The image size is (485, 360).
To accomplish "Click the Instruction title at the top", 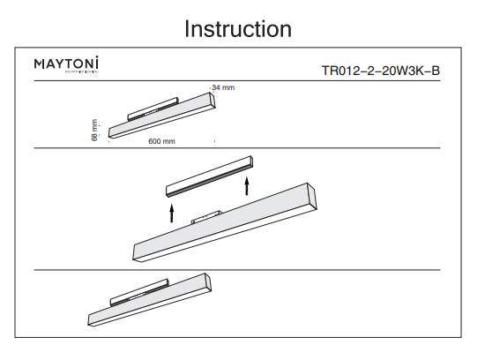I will point(237,28).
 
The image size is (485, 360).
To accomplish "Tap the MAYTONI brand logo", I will point(66,64).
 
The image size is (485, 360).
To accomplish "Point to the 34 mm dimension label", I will point(223,88).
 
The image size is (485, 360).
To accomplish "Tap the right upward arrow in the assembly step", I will point(247,185).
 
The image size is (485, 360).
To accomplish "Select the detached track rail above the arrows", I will point(210,177).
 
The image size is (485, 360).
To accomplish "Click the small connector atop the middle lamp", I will point(207,216).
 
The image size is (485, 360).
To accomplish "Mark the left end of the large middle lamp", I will point(137,251).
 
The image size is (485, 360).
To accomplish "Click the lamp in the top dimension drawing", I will point(160,116).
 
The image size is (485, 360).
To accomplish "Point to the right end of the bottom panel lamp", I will point(208,282).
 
